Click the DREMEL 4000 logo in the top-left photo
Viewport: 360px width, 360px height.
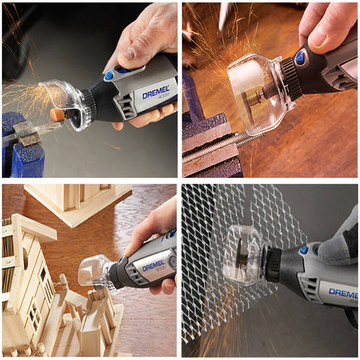point(156,92)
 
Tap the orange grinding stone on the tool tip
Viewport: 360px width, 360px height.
point(57,113)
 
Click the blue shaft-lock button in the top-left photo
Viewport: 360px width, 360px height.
point(109,76)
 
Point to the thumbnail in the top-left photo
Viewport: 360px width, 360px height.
point(127,54)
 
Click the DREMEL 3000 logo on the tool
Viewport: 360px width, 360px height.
point(154,267)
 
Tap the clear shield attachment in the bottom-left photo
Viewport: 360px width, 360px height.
point(97,273)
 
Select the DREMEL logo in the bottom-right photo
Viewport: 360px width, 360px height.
point(343,293)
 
